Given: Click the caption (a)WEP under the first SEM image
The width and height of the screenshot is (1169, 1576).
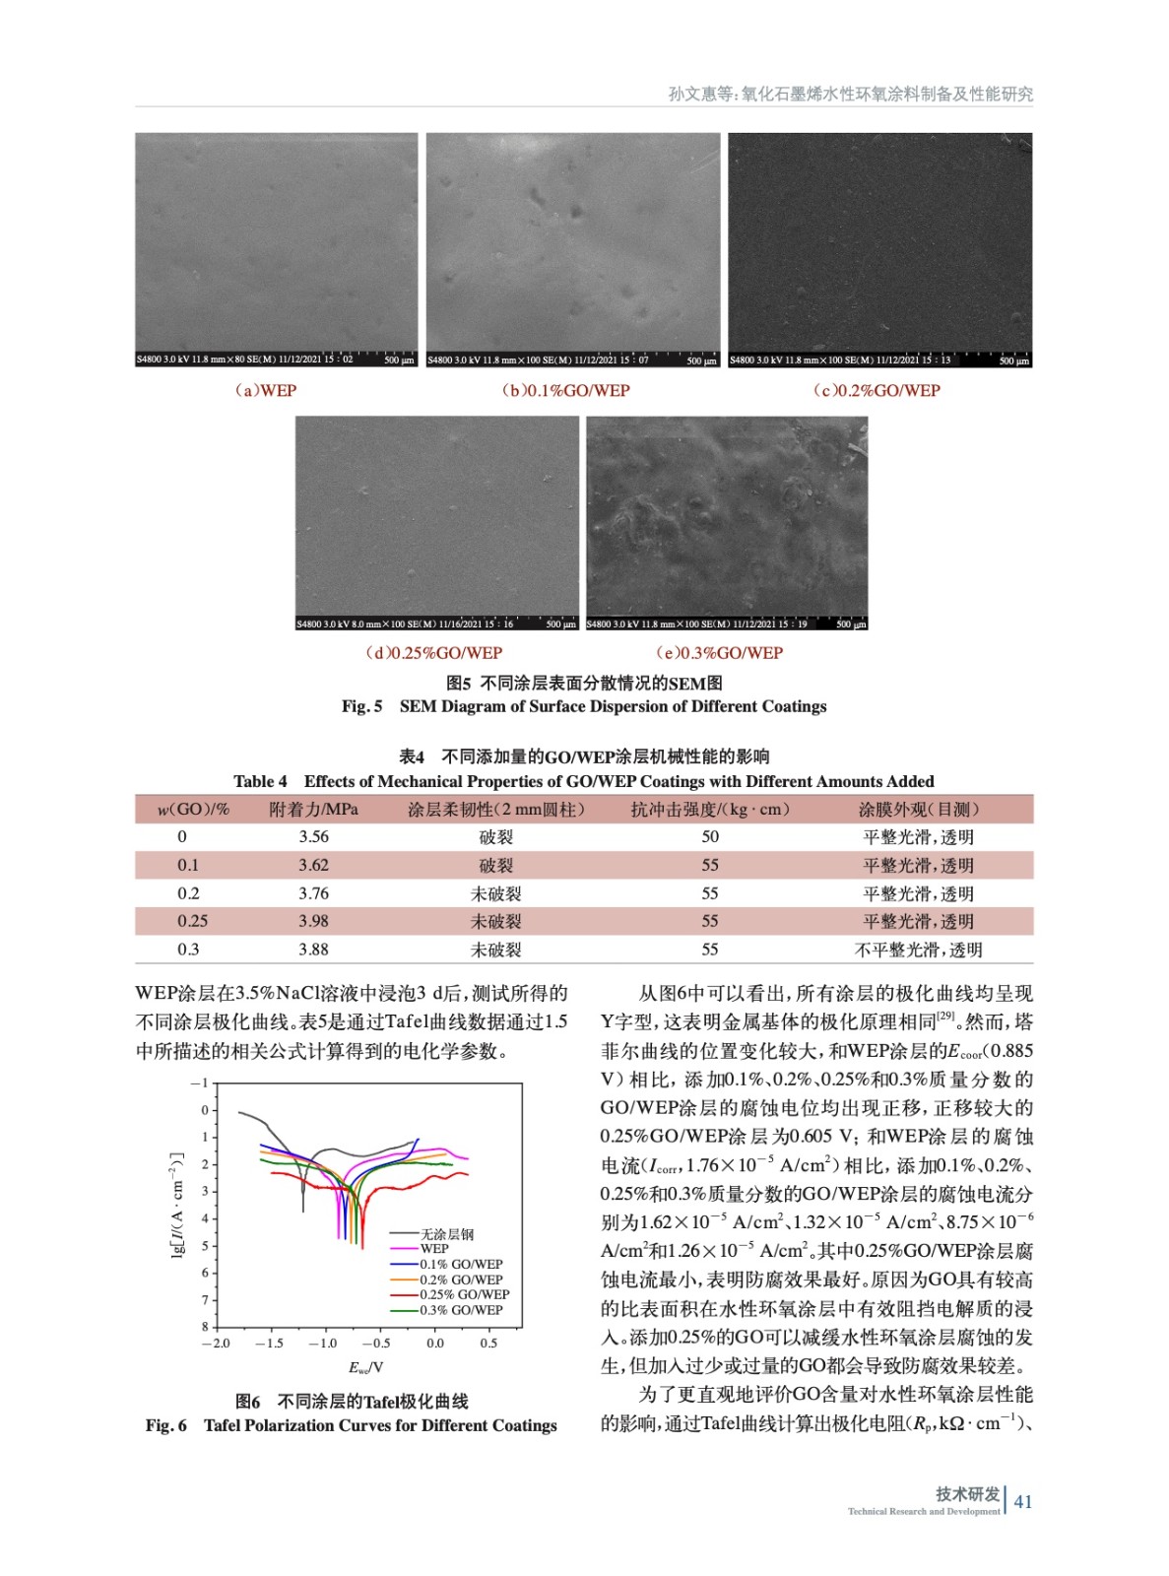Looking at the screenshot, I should click(x=265, y=390).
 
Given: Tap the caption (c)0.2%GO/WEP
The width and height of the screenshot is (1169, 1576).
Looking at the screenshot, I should click(x=876, y=390).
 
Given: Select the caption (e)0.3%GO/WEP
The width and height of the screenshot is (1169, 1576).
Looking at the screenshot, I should click(x=719, y=652).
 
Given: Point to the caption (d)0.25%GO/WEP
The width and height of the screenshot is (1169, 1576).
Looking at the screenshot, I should click(x=433, y=652).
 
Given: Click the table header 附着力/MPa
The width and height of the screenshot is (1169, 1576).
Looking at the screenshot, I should click(x=313, y=809).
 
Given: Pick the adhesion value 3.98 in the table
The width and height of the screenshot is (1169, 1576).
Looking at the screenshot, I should click(x=313, y=921).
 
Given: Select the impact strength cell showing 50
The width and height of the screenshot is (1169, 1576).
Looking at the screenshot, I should click(x=710, y=836).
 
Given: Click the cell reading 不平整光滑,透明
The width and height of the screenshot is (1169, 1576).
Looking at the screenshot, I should click(x=918, y=950).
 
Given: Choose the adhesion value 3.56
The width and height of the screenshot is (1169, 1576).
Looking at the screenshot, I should click(x=313, y=836).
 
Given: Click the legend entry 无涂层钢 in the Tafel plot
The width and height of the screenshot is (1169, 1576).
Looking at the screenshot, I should click(x=447, y=1233).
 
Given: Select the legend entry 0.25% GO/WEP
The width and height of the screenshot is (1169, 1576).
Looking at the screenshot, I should click(x=464, y=1294).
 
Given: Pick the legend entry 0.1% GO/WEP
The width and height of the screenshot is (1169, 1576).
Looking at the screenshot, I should click(x=461, y=1264).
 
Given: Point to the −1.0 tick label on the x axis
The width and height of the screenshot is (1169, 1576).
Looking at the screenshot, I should click(x=322, y=1343).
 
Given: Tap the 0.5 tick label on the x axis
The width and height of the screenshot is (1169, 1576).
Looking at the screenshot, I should click(x=488, y=1343).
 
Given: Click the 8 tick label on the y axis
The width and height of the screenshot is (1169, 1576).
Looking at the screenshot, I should click(x=205, y=1327).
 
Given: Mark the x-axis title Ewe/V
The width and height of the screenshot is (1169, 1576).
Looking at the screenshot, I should click(x=365, y=1367).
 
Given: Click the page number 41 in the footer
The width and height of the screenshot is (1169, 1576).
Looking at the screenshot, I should click(x=1023, y=1501).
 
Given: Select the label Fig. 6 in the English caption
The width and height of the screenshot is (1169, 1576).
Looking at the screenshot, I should click(x=165, y=1425).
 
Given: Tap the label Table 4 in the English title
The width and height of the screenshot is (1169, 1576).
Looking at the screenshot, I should click(x=260, y=781).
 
